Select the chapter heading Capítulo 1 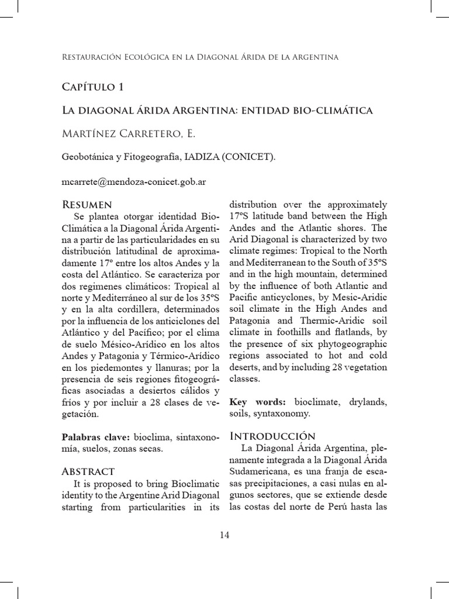pos(92,87)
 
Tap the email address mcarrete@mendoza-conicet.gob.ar pos(133,181)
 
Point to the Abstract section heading pos(88,471)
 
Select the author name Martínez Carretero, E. pos(129,134)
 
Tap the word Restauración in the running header pos(95,57)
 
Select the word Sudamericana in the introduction pos(260,471)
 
